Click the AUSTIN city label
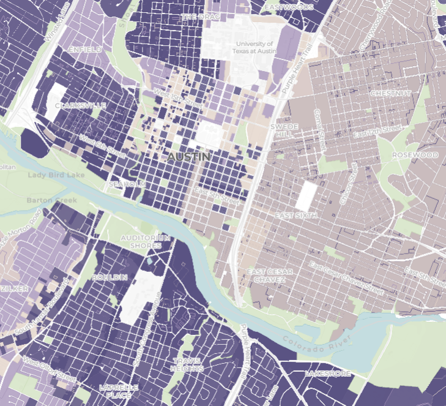[x=188, y=157]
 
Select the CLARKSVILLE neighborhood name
[x=80, y=105]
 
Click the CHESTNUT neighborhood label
[x=391, y=92]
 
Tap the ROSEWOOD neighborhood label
[x=415, y=155]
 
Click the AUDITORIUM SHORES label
[x=144, y=241]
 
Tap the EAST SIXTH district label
[x=295, y=216]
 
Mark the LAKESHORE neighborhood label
[x=328, y=373]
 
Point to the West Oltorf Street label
[x=50, y=369]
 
